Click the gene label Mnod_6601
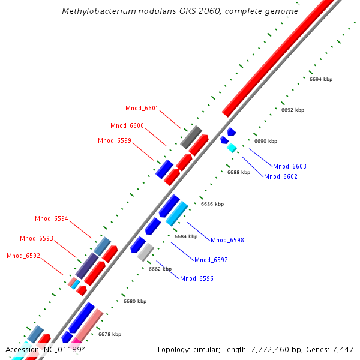pos(142,109)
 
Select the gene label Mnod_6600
pos(127,126)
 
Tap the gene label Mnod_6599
pos(114,141)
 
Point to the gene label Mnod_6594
pos(52,219)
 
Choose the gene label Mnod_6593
pos(37,239)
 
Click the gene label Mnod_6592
pos(23,256)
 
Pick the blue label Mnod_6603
pos(289,166)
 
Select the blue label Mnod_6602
pos(281,176)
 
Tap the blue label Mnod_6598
pos(227,240)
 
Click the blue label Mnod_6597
pos(211,260)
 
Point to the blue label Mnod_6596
pos(197,278)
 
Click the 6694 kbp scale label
pos(321,80)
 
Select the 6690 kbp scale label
pos(266,142)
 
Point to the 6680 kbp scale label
pos(135,301)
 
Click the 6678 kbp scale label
pos(110,334)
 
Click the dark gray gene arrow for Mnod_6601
pos(191,137)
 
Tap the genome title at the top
pos(181,11)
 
